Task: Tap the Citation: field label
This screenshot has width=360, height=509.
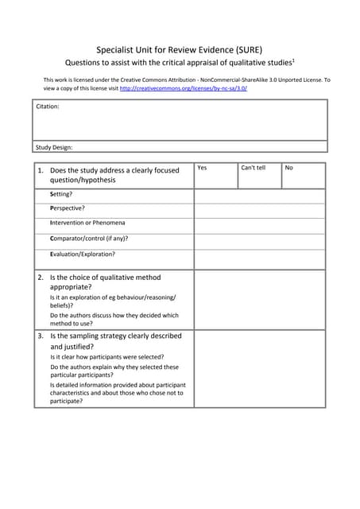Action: [x=48, y=106]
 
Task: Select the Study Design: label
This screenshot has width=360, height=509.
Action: [x=54, y=147]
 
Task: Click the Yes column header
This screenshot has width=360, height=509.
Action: [x=202, y=168]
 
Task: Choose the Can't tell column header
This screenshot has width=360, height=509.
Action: [x=254, y=168]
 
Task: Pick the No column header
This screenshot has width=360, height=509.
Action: [x=288, y=168]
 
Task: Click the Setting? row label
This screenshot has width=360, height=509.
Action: [x=61, y=194]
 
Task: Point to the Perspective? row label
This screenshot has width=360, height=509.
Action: [x=67, y=208]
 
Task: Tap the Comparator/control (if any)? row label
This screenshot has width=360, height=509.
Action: [x=89, y=239]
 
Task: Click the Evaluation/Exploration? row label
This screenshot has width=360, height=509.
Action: [x=82, y=254]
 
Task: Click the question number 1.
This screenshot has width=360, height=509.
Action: [x=41, y=170]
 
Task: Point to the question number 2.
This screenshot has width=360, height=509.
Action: [x=41, y=278]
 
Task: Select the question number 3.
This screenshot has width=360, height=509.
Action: [x=41, y=336]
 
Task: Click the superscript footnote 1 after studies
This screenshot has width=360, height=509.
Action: [x=294, y=59]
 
